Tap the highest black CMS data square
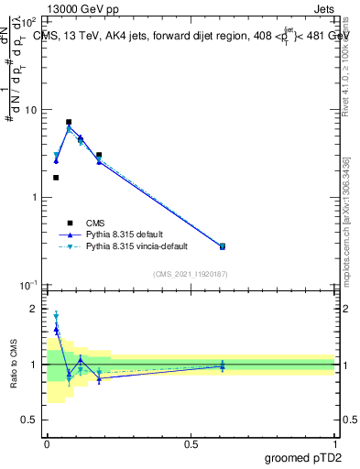click(x=69, y=122)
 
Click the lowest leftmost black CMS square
click(x=56, y=178)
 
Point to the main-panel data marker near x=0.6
click(x=222, y=246)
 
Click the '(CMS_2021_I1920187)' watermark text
click(x=191, y=274)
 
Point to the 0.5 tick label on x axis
click(x=191, y=443)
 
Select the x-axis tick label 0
click(x=48, y=443)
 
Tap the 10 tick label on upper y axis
click(x=32, y=110)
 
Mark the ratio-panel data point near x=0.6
click(x=222, y=366)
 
